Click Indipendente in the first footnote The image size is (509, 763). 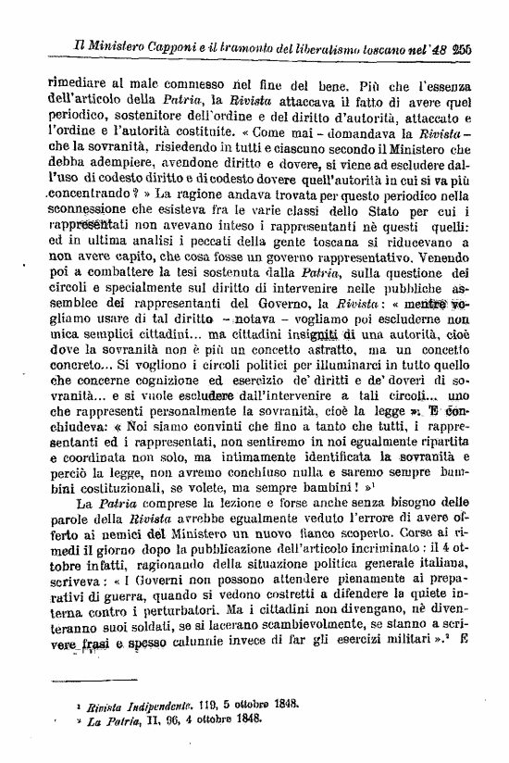150,729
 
